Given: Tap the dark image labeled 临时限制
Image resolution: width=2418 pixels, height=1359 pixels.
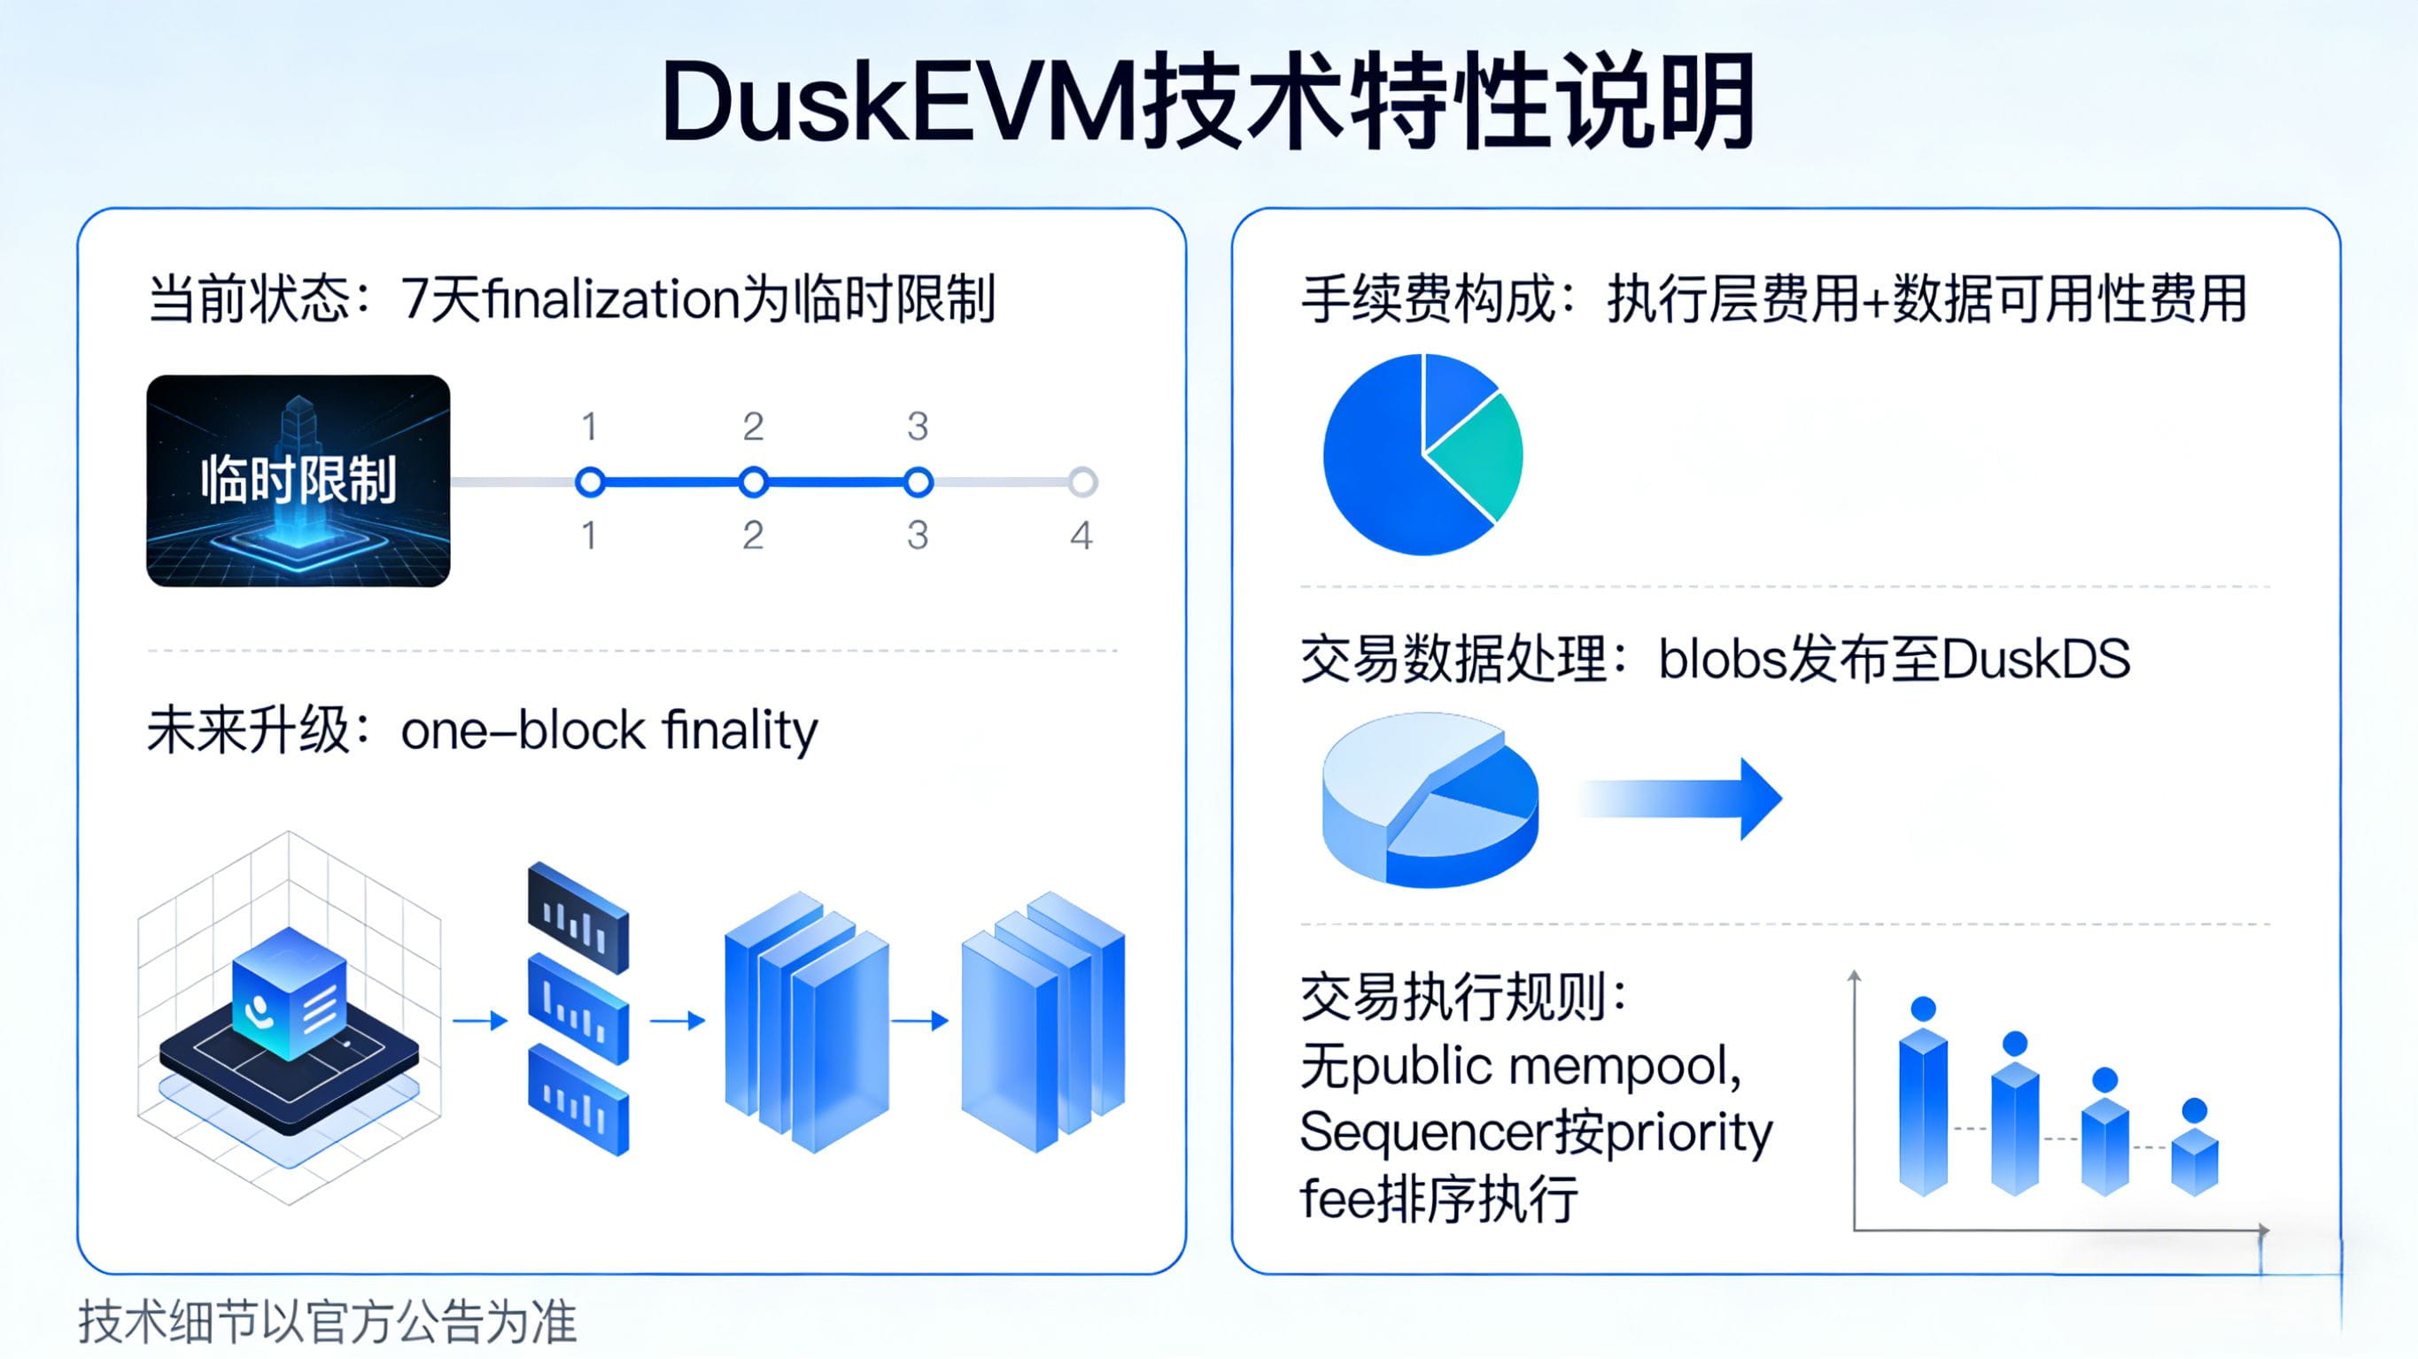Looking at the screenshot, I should [298, 481].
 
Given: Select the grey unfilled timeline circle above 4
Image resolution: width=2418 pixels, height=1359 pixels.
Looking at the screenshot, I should [1082, 482].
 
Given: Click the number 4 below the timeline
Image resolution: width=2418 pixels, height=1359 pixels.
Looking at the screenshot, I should [1081, 536].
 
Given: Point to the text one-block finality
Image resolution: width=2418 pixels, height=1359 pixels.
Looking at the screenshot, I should [609, 730].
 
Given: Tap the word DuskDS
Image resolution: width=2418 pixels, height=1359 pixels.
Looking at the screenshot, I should [2035, 659].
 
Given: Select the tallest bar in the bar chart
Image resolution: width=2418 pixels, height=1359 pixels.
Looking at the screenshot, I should [1922, 1112].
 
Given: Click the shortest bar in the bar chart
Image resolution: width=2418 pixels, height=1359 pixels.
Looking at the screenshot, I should [2195, 1162].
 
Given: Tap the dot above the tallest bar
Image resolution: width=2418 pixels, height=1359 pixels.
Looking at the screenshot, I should [1923, 1008].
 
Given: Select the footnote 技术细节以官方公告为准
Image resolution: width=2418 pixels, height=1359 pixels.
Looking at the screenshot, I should [327, 1322].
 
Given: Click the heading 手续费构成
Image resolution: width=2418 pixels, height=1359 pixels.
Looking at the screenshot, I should [1427, 299].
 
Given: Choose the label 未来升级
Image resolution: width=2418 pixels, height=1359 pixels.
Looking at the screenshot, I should [249, 730].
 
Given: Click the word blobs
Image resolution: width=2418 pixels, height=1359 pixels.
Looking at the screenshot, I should [1722, 659].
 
